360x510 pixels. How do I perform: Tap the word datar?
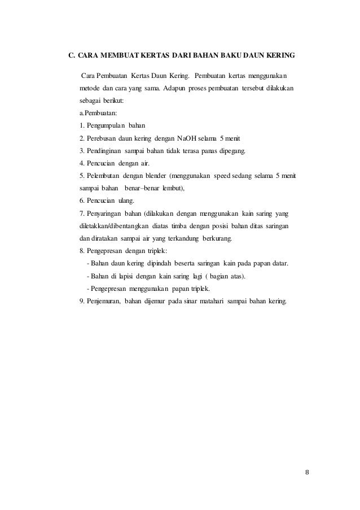[x=280, y=263]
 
